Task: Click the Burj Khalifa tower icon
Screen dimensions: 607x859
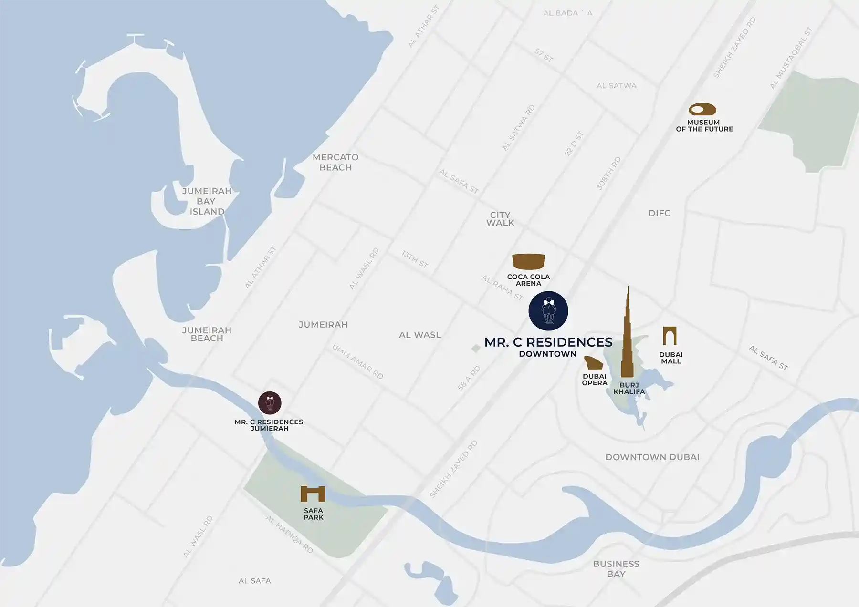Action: (x=628, y=339)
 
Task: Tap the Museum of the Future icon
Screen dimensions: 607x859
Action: (x=702, y=109)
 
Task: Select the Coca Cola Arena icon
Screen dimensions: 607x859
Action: (x=528, y=261)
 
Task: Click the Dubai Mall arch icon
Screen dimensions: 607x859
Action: (x=670, y=336)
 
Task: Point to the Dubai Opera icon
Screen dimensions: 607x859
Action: (x=594, y=363)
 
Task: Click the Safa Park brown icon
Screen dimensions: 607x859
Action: (x=313, y=494)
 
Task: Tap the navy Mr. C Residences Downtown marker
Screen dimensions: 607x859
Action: (x=548, y=311)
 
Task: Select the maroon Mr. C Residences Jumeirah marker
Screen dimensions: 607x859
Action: (x=270, y=403)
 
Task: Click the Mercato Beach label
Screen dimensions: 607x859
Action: (x=335, y=162)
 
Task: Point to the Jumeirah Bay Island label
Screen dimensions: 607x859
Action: (x=207, y=201)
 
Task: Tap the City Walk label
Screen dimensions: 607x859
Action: (x=500, y=219)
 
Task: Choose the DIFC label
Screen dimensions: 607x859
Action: (x=659, y=213)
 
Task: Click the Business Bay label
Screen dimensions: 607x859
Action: (x=616, y=569)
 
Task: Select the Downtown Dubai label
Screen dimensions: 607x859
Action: (x=652, y=457)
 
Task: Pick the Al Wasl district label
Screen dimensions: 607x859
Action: (x=420, y=335)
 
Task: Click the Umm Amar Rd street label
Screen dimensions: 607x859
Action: (x=357, y=361)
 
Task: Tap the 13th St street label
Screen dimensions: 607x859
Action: (x=414, y=259)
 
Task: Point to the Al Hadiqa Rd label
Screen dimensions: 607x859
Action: (x=289, y=534)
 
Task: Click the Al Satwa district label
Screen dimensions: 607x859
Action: (x=616, y=86)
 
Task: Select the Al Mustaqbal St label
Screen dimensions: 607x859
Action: (x=790, y=59)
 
